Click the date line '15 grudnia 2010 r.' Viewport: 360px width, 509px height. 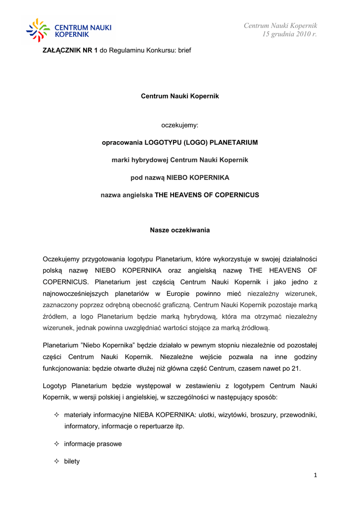289,34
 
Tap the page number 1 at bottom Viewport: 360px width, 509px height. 315,475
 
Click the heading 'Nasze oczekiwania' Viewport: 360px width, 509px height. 180,230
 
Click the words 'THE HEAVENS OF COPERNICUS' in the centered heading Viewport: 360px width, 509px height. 207,195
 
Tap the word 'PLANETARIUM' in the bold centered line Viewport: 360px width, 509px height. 234,142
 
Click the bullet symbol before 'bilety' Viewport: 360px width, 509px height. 56,461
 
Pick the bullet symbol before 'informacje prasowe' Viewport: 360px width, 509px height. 56,443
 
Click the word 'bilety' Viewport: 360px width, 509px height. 72,461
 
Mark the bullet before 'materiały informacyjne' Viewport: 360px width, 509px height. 56,415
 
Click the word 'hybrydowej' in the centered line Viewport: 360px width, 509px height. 152,160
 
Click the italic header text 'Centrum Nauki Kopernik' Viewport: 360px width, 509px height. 280,25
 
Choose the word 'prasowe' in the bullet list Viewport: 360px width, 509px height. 109,443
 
